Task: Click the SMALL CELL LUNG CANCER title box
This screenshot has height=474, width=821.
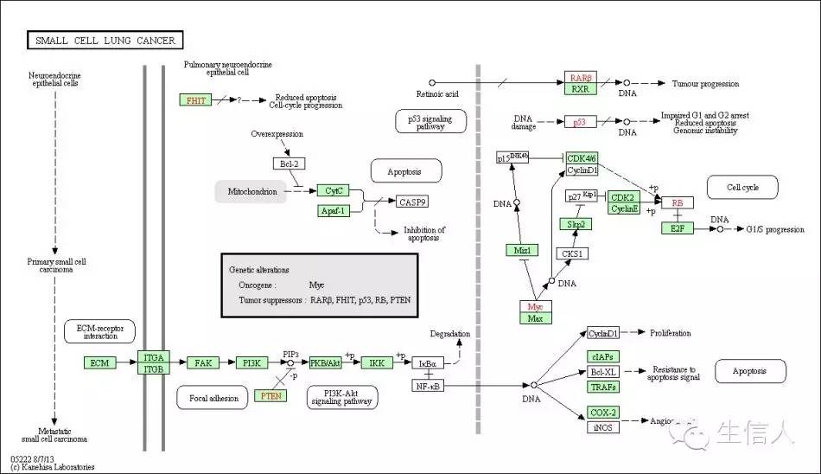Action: tap(105, 40)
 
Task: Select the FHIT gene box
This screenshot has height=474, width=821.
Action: tap(196, 100)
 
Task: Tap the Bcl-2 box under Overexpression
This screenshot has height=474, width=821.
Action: tap(289, 163)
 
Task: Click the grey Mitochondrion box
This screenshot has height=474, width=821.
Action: tap(251, 192)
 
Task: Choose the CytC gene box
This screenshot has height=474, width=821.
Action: tap(332, 190)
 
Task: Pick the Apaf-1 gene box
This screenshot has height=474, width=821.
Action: tap(334, 210)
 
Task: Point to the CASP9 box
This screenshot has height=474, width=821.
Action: tap(412, 202)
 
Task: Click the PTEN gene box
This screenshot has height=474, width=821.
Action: tap(270, 395)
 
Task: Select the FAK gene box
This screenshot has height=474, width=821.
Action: tap(203, 362)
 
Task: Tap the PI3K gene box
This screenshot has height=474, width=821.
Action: tap(251, 362)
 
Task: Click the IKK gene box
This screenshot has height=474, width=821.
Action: tap(377, 362)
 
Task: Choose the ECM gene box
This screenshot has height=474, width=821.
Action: tap(99, 362)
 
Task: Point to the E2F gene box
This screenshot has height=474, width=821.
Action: tap(678, 228)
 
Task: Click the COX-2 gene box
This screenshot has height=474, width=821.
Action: tap(603, 412)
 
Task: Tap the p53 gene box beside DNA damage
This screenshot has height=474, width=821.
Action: tap(579, 123)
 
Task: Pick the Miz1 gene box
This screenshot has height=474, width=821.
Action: tap(522, 251)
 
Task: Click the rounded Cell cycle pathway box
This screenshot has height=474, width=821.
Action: tap(742, 187)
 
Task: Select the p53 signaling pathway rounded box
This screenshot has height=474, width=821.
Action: tap(430, 120)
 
